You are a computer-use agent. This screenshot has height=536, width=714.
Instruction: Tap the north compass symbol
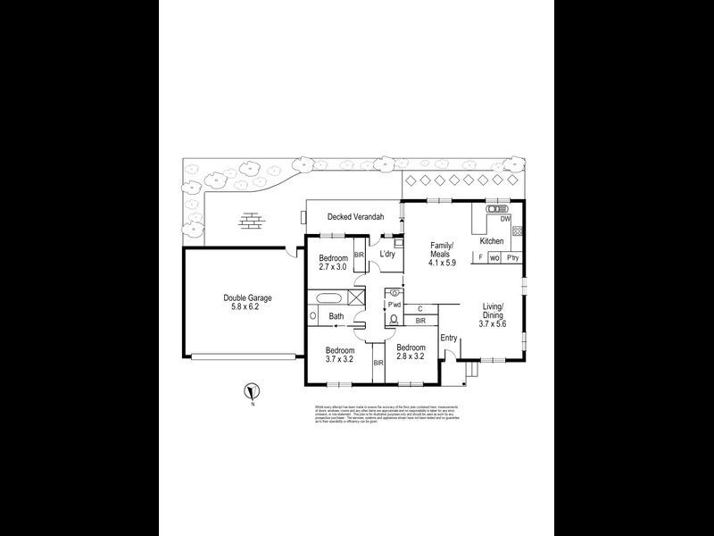pos(253,390)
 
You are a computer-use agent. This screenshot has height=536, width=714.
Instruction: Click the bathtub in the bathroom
pos(328,297)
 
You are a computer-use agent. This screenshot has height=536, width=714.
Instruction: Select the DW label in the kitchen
pos(505,219)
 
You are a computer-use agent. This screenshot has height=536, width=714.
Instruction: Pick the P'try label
pos(512,258)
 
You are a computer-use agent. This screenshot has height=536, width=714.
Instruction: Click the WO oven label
pos(494,258)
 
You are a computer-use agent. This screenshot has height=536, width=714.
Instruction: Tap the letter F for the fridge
pos(481,258)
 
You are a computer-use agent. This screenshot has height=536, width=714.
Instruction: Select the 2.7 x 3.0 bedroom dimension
pos(332,267)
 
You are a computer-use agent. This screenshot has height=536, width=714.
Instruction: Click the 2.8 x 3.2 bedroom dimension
pos(410,356)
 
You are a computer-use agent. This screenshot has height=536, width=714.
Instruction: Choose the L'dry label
pos(387,255)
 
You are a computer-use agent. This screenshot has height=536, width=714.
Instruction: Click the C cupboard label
pos(419,309)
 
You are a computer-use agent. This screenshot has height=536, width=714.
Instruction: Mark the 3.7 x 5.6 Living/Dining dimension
pos(492,324)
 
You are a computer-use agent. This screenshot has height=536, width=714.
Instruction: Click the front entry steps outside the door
pos(474,368)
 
